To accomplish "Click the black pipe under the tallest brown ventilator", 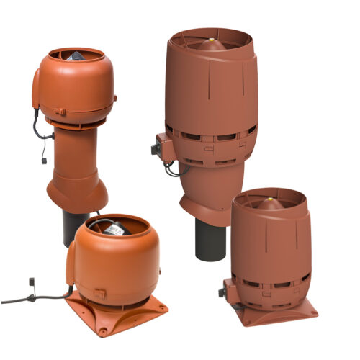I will click(205, 238).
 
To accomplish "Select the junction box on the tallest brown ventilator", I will click(158, 150).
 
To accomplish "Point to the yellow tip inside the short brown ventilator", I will click(269, 195).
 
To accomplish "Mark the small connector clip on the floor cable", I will click(32, 282).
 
